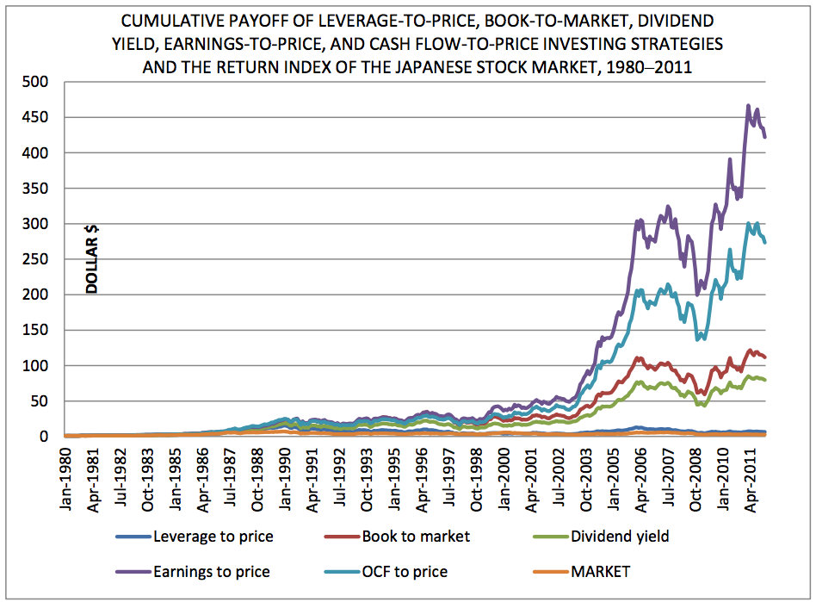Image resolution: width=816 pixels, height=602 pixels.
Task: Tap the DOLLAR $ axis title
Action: click(x=91, y=259)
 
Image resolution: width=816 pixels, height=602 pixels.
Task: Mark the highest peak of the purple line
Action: click(x=747, y=106)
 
